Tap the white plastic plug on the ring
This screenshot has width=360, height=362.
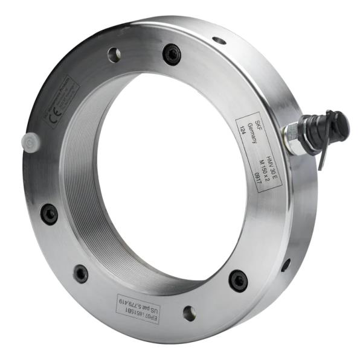pyautogui.click(x=30, y=141)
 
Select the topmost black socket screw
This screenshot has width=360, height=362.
pyautogui.click(x=172, y=56)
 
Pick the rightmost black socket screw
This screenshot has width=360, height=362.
pyautogui.click(x=238, y=279)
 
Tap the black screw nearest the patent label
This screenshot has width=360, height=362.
pyautogui.click(x=80, y=273)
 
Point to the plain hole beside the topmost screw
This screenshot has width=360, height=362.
pyautogui.click(x=114, y=55)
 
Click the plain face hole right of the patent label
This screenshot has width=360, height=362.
pyautogui.click(x=189, y=313)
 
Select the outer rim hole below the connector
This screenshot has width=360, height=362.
pyautogui.click(x=286, y=264)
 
